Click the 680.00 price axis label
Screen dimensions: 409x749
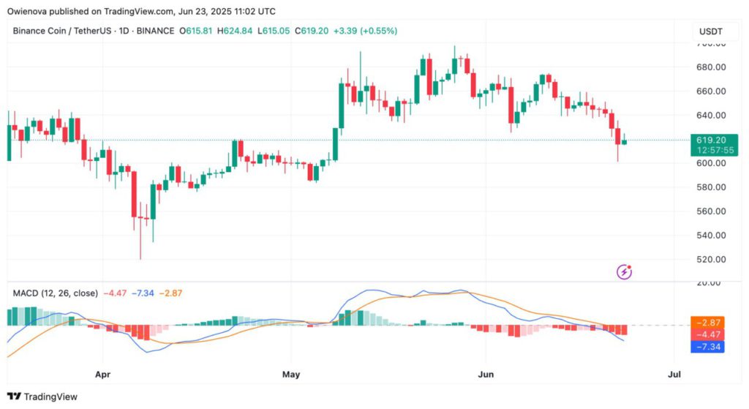point(710,67)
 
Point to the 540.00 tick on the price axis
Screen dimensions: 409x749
point(710,236)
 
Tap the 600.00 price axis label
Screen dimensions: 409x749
point(710,163)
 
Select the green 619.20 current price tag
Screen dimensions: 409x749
point(710,140)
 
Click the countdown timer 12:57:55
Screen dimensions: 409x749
point(710,150)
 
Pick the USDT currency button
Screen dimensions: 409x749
point(710,31)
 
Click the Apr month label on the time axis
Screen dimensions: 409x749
point(103,375)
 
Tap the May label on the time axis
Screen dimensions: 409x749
point(291,375)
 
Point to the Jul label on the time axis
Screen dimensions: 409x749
point(674,375)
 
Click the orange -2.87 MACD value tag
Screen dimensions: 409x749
point(707,323)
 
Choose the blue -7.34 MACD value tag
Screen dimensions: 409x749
point(707,346)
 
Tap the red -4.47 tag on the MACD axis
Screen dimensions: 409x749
point(707,334)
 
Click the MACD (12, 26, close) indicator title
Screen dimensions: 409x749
point(55,293)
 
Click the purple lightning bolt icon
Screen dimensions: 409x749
point(625,272)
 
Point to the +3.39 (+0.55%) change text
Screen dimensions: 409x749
point(365,31)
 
